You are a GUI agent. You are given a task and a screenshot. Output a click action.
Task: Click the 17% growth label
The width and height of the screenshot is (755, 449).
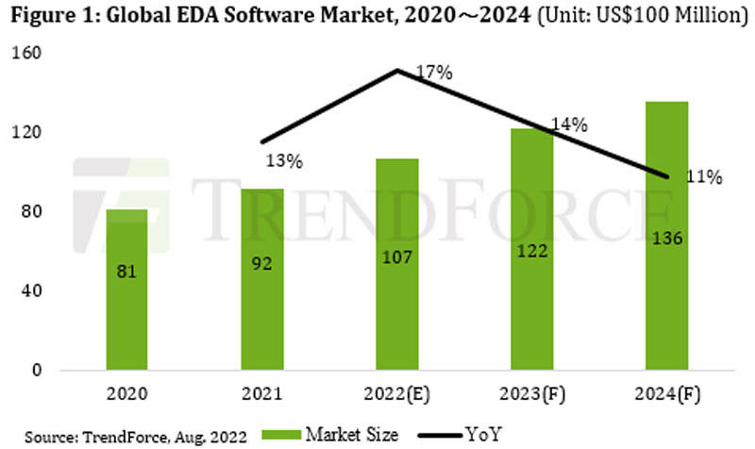coord(433,72)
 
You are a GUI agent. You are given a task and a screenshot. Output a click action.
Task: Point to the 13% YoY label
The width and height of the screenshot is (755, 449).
coord(283,161)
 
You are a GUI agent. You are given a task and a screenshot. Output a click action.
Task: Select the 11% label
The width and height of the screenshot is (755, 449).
coord(704,176)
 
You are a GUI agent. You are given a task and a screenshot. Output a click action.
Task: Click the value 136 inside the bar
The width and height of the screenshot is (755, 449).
coord(667,240)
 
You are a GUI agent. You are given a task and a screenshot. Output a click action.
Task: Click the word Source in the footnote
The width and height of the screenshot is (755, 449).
coord(38,434)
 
